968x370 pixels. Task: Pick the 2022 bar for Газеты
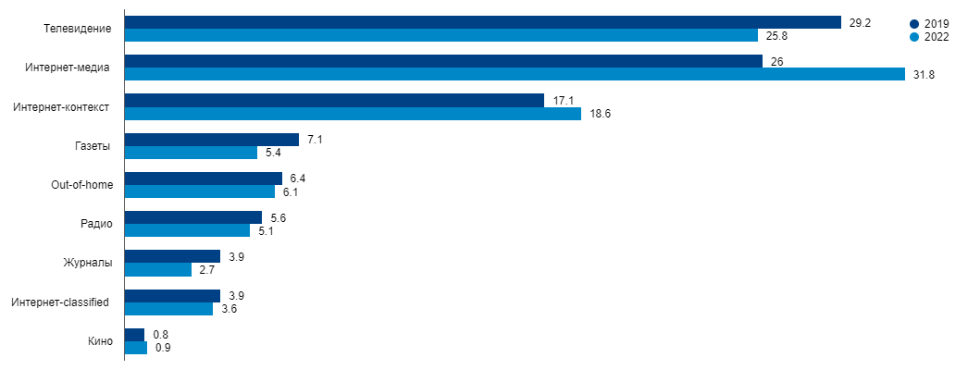[x=190, y=153]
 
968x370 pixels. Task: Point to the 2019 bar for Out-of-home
[x=203, y=179]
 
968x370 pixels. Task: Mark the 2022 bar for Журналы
[x=157, y=270]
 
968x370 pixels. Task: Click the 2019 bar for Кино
[x=134, y=335]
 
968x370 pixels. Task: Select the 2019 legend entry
[x=929, y=24]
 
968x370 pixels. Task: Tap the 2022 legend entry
[x=929, y=37]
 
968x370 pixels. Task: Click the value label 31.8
[x=924, y=75]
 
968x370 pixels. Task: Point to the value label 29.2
[x=860, y=22]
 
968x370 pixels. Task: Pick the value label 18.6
[x=600, y=114]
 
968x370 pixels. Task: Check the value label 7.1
[x=315, y=140]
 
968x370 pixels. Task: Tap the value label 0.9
[x=163, y=349]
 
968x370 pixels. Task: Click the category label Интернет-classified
[x=61, y=302]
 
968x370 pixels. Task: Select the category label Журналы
[x=88, y=263]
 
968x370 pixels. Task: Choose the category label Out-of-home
[x=81, y=185]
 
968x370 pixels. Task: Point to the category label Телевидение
[x=78, y=29]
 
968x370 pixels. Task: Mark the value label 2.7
[x=207, y=270]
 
